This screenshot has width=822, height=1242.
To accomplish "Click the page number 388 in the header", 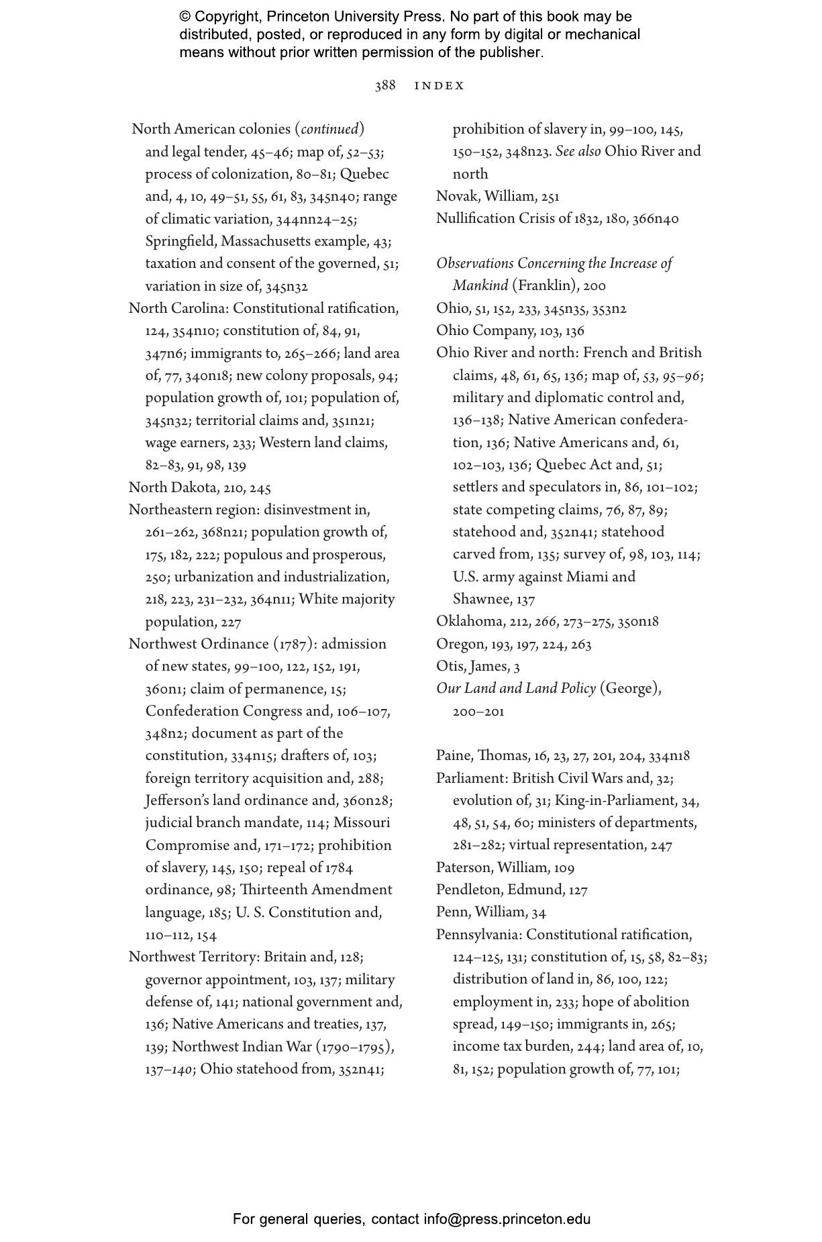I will (384, 86).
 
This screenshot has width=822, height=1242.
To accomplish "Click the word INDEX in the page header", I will (440, 86).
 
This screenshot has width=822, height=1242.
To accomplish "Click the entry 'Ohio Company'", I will (484, 331).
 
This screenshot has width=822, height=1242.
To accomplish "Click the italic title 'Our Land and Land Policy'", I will (515, 689).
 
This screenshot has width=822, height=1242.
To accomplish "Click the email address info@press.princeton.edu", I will (507, 1219).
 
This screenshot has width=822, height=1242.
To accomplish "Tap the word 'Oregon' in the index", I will (460, 644).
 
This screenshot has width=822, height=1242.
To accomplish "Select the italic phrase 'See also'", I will (578, 152).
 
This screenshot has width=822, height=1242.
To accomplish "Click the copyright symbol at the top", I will (185, 17).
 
